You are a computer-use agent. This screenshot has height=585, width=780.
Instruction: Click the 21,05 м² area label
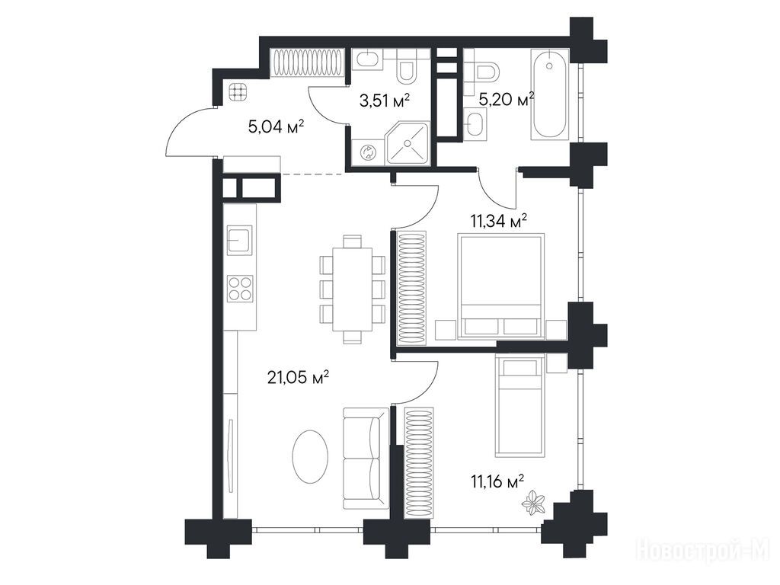(x=299, y=378)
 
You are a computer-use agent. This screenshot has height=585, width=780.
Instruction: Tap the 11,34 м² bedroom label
(x=499, y=220)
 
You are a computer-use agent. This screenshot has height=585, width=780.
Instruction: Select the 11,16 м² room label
(x=497, y=481)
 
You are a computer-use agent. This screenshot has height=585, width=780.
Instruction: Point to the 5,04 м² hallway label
(x=276, y=127)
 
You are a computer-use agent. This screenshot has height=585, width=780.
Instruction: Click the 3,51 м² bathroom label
(x=385, y=101)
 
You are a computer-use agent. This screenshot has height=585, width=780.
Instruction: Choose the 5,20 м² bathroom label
(x=507, y=100)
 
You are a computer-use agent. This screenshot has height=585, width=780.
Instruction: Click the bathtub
(x=549, y=94)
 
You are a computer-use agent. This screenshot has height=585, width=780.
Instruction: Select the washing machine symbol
(x=369, y=152)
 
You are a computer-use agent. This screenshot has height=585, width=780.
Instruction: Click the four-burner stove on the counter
(x=240, y=289)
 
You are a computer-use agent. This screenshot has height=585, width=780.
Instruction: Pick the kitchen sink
(x=240, y=240)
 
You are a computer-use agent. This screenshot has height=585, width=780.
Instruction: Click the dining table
(x=352, y=289)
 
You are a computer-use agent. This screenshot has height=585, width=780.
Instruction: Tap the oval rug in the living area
(x=310, y=457)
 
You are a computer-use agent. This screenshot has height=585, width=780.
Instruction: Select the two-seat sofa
(x=366, y=458)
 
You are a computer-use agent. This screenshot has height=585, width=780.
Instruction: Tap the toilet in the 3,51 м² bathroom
(x=408, y=70)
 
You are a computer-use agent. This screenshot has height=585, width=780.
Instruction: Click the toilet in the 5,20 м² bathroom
(x=484, y=72)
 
